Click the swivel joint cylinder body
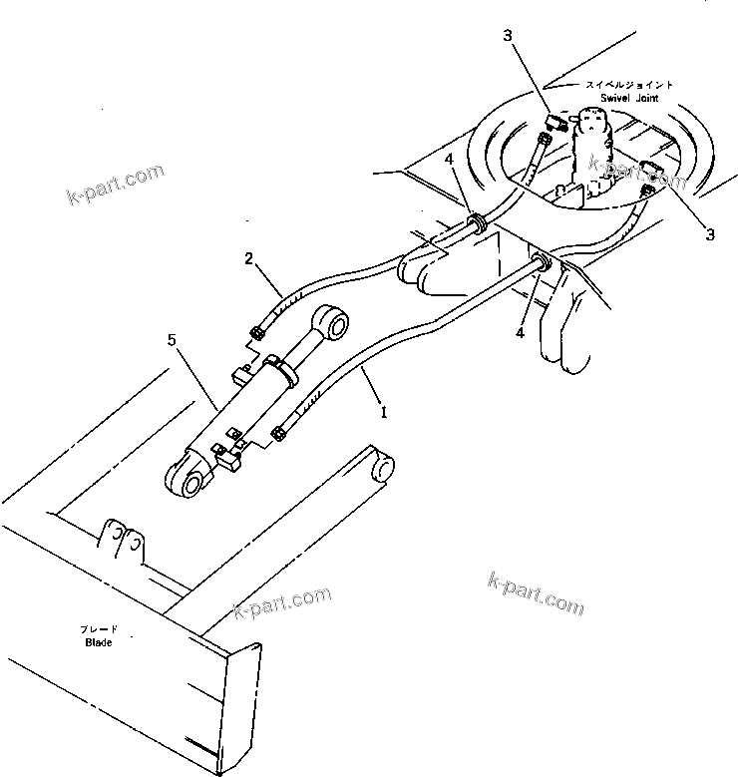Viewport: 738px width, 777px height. click(596, 150)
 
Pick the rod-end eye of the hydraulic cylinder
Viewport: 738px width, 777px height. click(331, 326)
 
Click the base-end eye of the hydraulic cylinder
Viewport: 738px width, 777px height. click(188, 481)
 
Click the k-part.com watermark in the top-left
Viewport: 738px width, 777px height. click(116, 186)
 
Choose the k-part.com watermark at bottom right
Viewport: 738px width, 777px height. click(536, 594)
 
